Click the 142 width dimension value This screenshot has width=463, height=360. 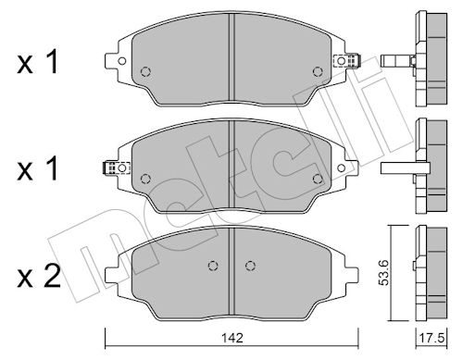pos(231,338)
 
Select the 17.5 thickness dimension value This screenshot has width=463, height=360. pos(432,339)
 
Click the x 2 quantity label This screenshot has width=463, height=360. pos(39,277)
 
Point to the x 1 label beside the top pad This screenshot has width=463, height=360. pos(38,63)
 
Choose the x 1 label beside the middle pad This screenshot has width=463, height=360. pos(38,168)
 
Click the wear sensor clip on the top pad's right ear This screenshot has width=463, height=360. pos(347,60)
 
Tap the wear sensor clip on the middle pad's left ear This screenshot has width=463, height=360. pos(116,168)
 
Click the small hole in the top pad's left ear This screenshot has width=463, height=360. pos(122,61)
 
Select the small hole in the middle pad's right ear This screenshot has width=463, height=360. pos(341,168)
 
